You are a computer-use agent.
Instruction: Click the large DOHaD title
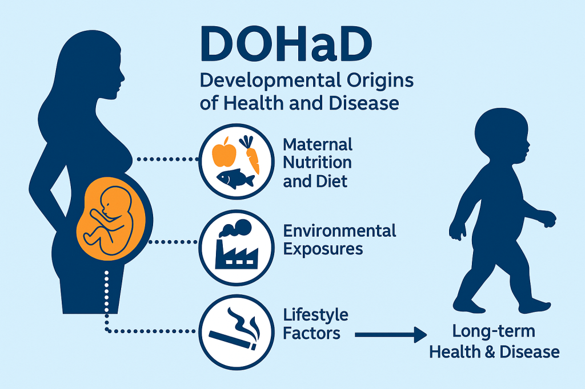click(286, 43)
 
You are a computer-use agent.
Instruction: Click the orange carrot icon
click(250, 155)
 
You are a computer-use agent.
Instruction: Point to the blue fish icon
click(235, 179)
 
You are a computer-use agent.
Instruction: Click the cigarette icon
click(233, 340)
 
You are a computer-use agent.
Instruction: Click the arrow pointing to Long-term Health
click(391, 335)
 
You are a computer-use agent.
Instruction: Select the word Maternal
click(318, 144)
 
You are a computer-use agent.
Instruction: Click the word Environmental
click(339, 231)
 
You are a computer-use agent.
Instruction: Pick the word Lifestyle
click(315, 315)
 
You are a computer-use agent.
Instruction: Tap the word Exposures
click(323, 249)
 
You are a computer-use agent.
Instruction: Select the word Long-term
click(494, 331)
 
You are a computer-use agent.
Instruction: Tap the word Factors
click(311, 333)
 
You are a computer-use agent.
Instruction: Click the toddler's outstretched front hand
click(550, 219)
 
